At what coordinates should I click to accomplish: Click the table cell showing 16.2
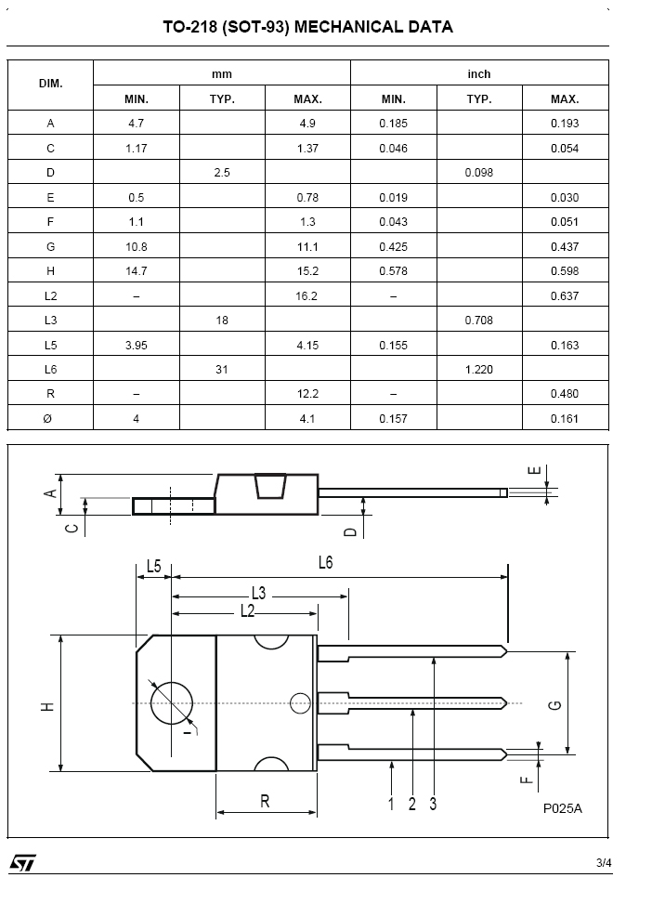[x=307, y=295]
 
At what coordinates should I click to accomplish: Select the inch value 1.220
[x=479, y=370]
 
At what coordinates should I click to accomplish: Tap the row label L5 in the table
[x=51, y=346]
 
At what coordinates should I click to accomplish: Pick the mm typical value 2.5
[x=222, y=173]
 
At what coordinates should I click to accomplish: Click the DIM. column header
[x=51, y=84]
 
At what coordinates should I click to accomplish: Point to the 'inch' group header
[x=479, y=73]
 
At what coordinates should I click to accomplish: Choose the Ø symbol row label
[x=48, y=419]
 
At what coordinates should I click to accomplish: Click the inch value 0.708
[x=479, y=321]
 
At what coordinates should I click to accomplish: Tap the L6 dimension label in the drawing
[x=326, y=563]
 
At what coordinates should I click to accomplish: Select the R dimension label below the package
[x=266, y=802]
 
